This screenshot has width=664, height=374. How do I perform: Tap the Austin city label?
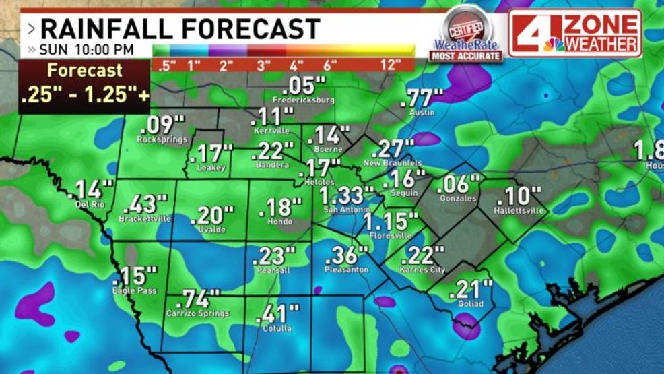click(x=422, y=112)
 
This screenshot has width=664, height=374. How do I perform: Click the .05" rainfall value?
click(x=304, y=86)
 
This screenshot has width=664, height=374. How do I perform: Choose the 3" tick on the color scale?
click(x=263, y=65)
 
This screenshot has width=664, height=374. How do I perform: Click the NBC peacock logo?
click(x=554, y=44)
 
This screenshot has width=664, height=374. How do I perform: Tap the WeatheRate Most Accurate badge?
click(x=468, y=37)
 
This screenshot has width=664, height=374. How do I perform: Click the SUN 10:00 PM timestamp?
click(x=86, y=50)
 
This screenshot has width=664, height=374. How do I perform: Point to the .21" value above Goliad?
click(x=470, y=290)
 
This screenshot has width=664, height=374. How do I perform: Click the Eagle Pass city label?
click(x=135, y=290)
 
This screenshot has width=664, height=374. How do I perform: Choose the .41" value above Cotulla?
click(x=277, y=314)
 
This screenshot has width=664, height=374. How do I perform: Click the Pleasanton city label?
click(x=346, y=269)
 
